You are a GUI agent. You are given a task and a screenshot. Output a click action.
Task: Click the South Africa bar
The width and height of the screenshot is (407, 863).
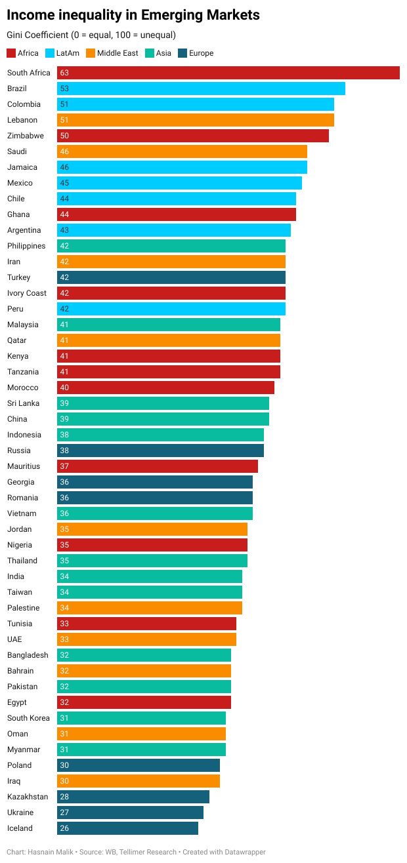(228, 73)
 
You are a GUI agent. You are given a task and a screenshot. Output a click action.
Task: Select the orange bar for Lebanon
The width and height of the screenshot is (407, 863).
(195, 120)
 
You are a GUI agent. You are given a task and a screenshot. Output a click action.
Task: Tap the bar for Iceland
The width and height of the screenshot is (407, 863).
(127, 828)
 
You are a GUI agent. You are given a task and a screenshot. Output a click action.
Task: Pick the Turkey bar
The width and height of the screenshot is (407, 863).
(171, 277)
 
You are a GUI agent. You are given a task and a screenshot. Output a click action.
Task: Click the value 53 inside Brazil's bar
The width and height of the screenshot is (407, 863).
(64, 89)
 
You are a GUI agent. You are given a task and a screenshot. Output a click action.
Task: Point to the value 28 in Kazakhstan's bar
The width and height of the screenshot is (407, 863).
(64, 797)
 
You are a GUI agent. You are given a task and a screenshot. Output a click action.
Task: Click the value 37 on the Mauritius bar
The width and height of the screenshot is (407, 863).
(64, 466)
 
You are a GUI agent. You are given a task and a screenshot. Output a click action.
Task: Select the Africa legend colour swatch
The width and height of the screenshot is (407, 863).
(11, 53)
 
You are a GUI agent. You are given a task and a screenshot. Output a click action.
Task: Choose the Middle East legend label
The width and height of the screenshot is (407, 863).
(118, 53)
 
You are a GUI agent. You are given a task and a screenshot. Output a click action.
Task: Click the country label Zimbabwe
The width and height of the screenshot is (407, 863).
(26, 136)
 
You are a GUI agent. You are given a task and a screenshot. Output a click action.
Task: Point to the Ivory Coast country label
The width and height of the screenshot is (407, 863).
(27, 293)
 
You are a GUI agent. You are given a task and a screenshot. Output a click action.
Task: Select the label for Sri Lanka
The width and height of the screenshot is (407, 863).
(23, 403)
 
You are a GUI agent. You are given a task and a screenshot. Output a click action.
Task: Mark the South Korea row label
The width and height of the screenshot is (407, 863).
(28, 718)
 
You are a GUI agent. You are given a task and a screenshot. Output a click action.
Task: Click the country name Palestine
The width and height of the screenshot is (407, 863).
(23, 608)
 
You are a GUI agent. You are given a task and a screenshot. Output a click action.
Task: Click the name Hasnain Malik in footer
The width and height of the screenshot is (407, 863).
(51, 852)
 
